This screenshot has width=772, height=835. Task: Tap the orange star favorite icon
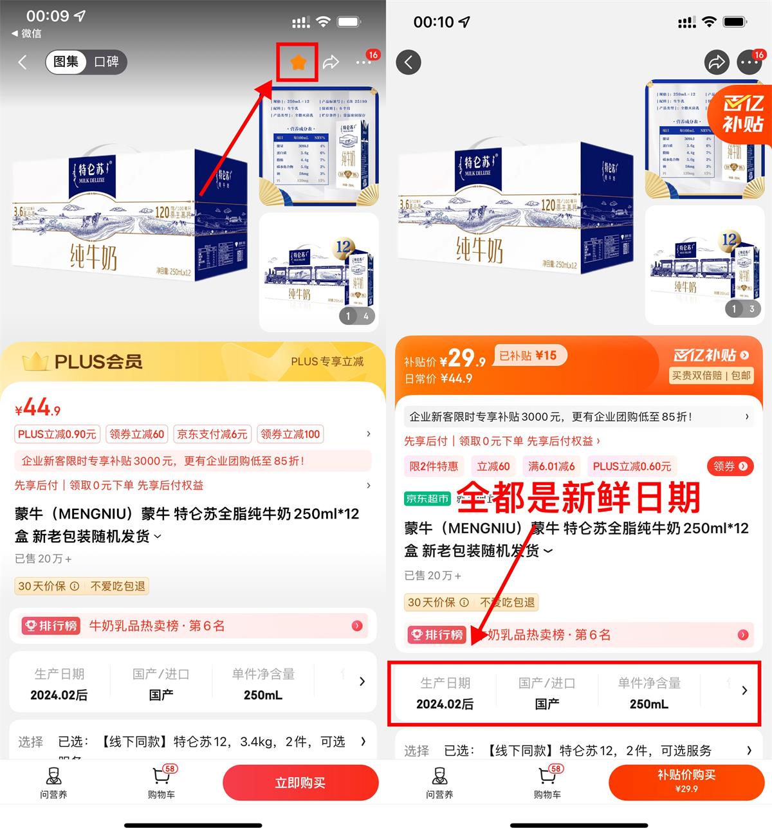tap(297, 62)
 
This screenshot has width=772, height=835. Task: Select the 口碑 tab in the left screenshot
tap(106, 62)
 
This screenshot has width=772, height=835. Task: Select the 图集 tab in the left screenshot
tap(66, 62)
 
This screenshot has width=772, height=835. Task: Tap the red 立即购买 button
tap(300, 783)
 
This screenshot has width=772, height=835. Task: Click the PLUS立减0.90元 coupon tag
tap(57, 434)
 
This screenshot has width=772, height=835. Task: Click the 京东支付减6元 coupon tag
tap(212, 434)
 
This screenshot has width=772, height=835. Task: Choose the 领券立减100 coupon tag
tap(290, 434)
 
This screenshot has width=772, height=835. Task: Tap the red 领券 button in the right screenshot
tap(730, 466)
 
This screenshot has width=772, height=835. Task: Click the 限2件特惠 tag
tap(434, 466)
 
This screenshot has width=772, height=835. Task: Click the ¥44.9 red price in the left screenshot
tap(38, 408)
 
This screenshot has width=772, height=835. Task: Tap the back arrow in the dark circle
tap(409, 62)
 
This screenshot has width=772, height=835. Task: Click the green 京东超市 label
tap(427, 499)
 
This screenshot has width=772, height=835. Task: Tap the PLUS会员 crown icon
tap(35, 362)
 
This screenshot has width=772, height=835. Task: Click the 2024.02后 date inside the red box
tap(445, 704)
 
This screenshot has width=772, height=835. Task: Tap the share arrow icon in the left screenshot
tap(331, 62)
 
